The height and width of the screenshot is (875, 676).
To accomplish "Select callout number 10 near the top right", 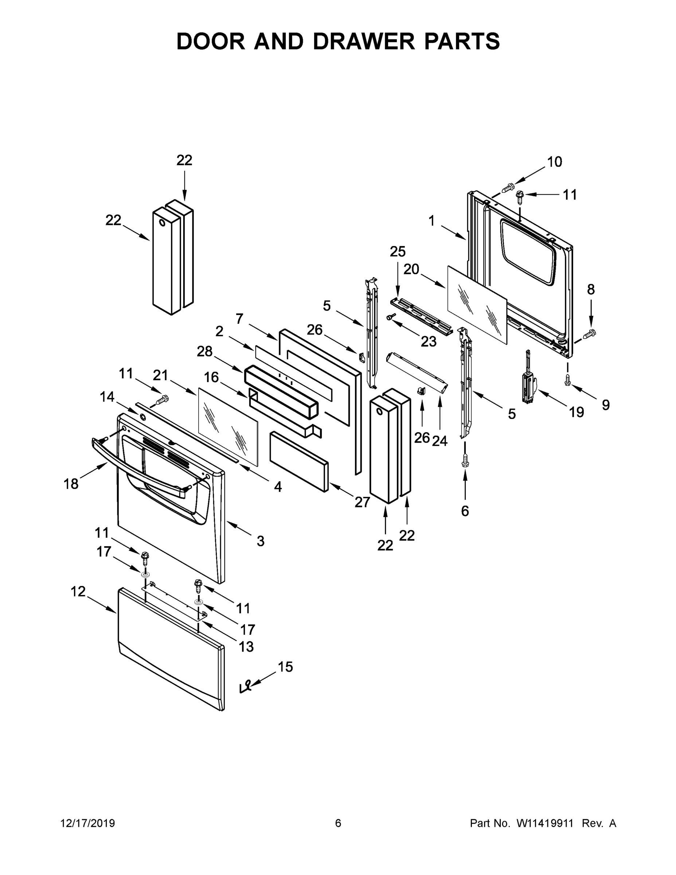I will click(554, 162).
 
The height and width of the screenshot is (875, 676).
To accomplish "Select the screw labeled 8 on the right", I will click(590, 333).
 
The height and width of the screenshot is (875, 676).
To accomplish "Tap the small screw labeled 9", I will click(567, 380).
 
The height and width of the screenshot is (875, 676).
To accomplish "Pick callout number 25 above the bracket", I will click(398, 252).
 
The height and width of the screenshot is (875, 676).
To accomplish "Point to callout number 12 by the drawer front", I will click(78, 591).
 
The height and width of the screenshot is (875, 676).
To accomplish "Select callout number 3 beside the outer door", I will click(260, 541).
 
